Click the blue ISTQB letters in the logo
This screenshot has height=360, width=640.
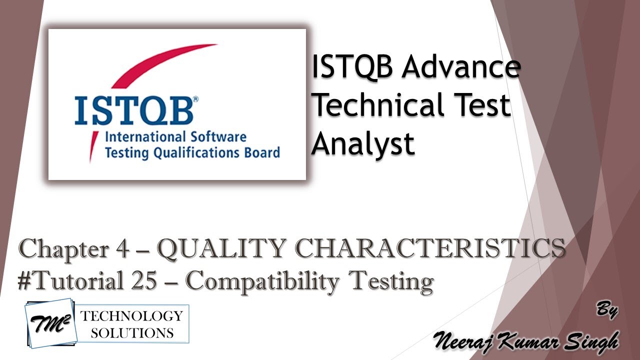(x=133, y=111)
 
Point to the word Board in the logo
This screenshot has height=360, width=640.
(x=261, y=152)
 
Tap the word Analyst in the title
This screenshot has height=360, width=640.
(x=363, y=143)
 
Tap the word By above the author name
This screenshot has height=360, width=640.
(x=607, y=310)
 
